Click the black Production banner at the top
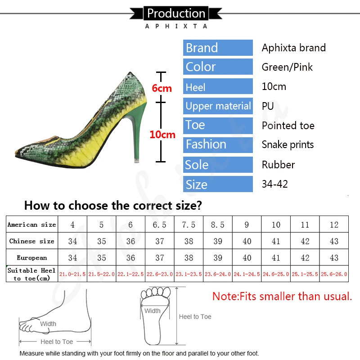(176, 13)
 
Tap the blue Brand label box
(218, 48)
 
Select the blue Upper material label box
(218, 106)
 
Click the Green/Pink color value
(287, 67)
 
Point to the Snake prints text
(288, 145)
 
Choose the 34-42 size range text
(275, 184)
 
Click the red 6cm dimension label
(162, 88)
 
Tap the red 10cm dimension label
(162, 135)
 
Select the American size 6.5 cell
(160, 225)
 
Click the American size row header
(31, 225)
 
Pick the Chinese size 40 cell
(247, 241)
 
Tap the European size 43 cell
(334, 258)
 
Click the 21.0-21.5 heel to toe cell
(72, 274)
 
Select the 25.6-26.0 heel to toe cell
(334, 274)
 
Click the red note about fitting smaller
(282, 297)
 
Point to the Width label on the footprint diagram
(153, 311)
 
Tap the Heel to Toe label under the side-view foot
(57, 342)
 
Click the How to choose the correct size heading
(113, 206)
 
